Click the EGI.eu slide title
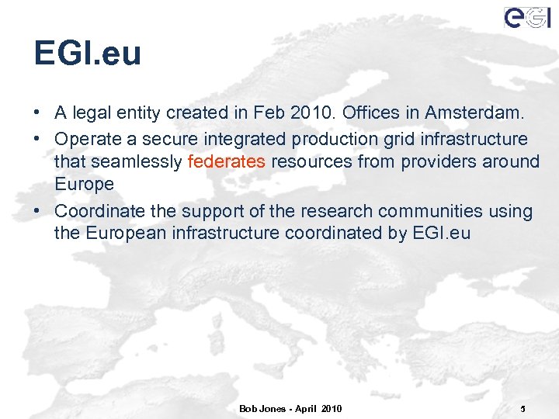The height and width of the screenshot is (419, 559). [x=88, y=54]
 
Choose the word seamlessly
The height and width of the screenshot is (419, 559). [x=137, y=161]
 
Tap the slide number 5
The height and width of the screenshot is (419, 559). [x=523, y=408]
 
